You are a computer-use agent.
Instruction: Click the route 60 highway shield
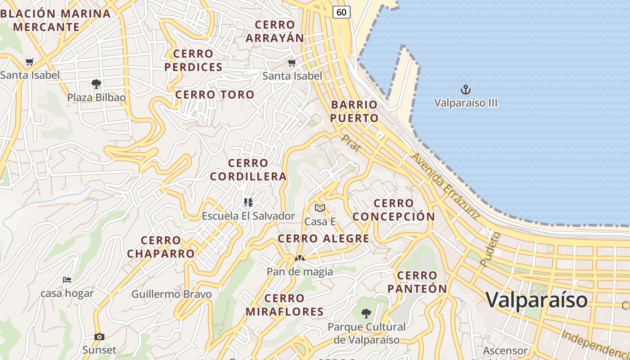[342, 12]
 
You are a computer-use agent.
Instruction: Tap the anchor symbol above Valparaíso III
[466, 90]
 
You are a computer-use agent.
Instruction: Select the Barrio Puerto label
[355, 112]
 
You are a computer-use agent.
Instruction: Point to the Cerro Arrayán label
[275, 31]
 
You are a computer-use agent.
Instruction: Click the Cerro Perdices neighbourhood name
[193, 60]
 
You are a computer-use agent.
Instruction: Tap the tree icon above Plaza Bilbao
[96, 84]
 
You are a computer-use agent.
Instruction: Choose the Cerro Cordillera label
[248, 170]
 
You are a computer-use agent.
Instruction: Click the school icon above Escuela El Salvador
[248, 202]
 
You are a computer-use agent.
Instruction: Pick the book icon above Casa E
[320, 208]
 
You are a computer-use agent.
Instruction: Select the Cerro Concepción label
[394, 210]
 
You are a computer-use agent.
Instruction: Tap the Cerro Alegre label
[324, 238]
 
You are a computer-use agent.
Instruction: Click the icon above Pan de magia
[299, 258]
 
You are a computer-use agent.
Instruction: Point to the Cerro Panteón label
[417, 282]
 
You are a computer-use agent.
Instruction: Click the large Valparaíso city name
[537, 300]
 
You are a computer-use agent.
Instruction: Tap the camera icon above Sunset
[99, 337]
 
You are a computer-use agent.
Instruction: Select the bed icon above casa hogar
[67, 280]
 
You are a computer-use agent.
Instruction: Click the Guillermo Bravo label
[171, 294]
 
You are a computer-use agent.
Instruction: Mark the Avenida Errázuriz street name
[445, 186]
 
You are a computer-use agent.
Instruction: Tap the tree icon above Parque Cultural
[366, 313]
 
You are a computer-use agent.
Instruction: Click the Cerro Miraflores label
[284, 305]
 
